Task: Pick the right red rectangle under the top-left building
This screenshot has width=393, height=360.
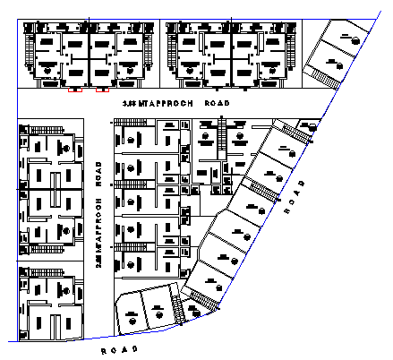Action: (x=103, y=90)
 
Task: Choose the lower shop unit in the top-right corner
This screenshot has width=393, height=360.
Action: (x=333, y=63)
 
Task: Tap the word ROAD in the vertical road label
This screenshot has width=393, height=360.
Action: (x=99, y=176)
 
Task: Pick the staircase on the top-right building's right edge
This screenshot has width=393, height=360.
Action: (x=293, y=54)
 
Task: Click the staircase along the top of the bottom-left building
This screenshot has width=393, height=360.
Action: (x=40, y=270)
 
